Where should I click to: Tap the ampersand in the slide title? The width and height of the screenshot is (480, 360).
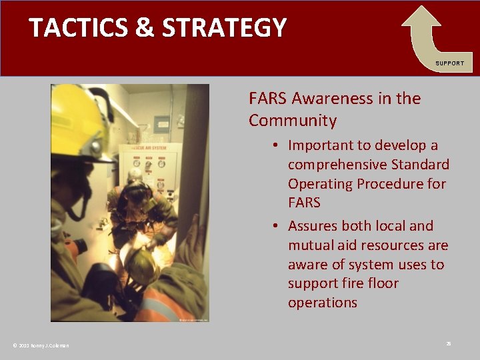pos(143,28)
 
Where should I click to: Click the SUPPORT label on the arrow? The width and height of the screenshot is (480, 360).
pos(450,63)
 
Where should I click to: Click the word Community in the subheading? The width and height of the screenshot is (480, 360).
pos(293,121)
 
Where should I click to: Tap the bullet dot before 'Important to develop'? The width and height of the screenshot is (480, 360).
pos(275,145)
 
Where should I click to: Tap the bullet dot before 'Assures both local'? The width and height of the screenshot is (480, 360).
pos(275,226)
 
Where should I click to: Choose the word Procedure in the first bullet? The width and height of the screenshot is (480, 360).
pos(411,183)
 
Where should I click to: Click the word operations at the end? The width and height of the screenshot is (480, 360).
pos(323,303)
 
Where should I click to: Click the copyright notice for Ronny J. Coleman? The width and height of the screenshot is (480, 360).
pos(41,345)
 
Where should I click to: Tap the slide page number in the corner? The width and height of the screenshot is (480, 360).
pos(449,343)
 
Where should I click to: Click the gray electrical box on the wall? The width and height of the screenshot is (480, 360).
pos(161,124)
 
